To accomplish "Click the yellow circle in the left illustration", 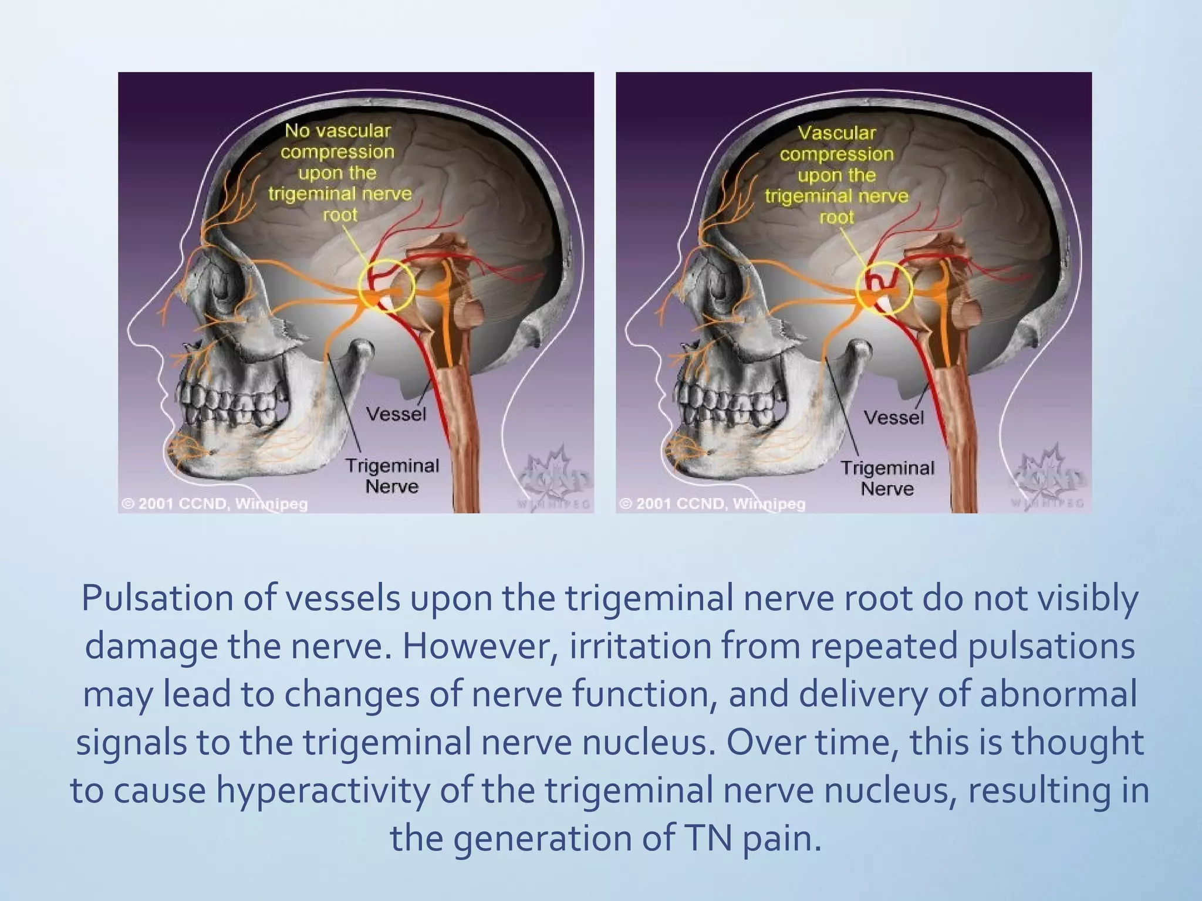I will [390, 286].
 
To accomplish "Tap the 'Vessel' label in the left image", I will [396, 414].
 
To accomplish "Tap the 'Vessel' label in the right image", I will [894, 418].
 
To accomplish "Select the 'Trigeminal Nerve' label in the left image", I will [392, 476].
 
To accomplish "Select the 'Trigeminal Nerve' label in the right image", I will [887, 478].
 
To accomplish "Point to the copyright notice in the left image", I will [214, 504].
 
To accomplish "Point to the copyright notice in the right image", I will [712, 504].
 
